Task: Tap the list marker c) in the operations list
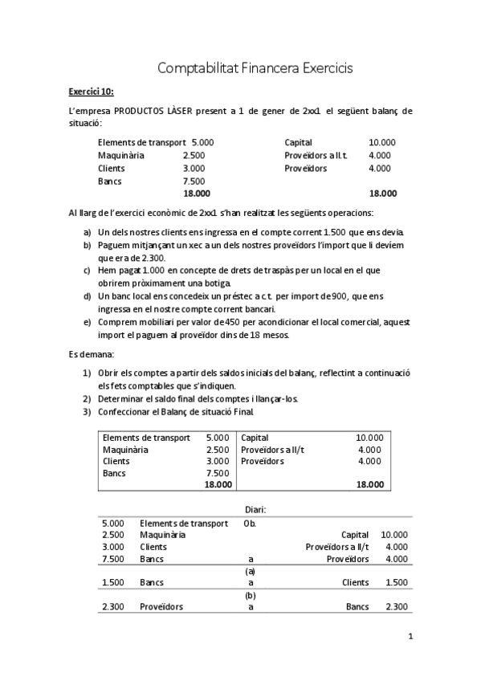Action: point(87,271)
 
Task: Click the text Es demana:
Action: point(92,354)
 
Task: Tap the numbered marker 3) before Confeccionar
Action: point(87,412)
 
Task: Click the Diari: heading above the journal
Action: point(255,509)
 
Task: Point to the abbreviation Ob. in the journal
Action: point(250,523)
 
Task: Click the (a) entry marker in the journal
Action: point(250,571)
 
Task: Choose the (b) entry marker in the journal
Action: point(250,595)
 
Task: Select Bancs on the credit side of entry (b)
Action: point(357,607)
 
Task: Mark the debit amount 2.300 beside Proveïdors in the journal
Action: point(113,607)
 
